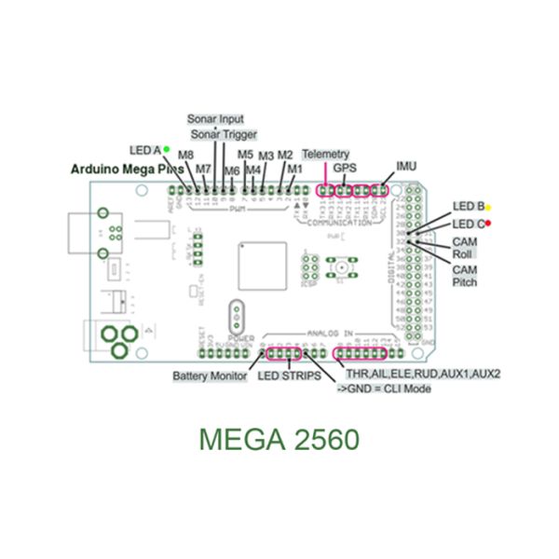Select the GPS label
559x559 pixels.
click(x=345, y=169)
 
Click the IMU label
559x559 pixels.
click(x=406, y=166)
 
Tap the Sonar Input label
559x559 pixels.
click(x=215, y=120)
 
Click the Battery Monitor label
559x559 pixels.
click(x=210, y=376)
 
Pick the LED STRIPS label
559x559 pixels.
click(x=289, y=376)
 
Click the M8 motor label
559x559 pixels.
click(x=185, y=156)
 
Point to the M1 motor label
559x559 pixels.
click(x=295, y=169)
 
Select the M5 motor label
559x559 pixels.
click(x=246, y=155)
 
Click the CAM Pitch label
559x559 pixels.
click(x=465, y=275)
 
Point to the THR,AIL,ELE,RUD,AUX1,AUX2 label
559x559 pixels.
click(x=424, y=374)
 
